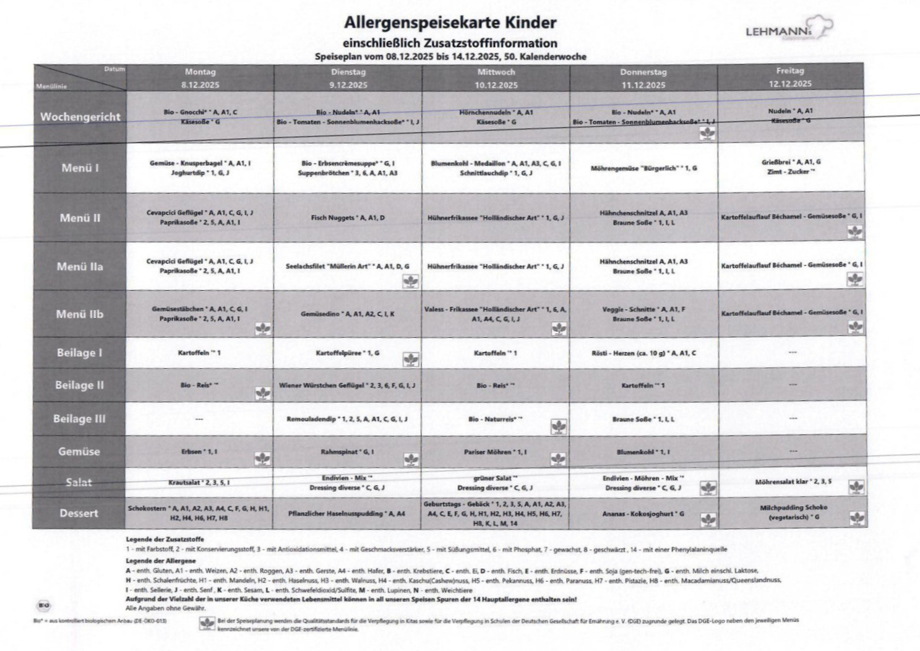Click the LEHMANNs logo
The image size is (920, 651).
[x=788, y=29]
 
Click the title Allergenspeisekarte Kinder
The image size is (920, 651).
[x=450, y=23]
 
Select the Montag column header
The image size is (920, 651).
[x=200, y=78]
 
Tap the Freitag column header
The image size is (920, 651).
[x=790, y=77]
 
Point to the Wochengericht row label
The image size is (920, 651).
[x=80, y=116]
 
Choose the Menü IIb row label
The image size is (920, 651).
[x=80, y=314]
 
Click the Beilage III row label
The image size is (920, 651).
[x=79, y=418]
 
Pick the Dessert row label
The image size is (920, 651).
[x=79, y=513]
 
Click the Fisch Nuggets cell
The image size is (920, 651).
[x=348, y=218]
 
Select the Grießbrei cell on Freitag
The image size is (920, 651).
[x=791, y=167]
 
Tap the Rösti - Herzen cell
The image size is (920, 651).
[x=643, y=353]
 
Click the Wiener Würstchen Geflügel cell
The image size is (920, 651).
[x=347, y=385]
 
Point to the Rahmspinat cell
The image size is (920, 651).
[x=347, y=452]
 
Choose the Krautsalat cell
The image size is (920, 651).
[x=199, y=482]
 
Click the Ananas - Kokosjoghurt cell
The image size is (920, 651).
[x=643, y=514]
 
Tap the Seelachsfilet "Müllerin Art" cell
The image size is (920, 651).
[x=347, y=266]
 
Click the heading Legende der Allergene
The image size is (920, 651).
[x=161, y=561]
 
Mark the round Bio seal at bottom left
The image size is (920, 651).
[x=44, y=605]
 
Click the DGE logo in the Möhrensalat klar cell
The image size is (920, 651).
[x=856, y=487]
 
